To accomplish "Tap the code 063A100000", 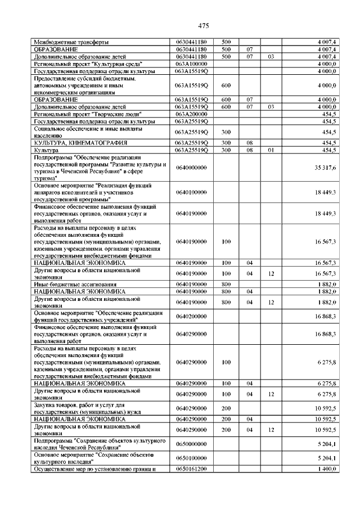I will tap(191, 64).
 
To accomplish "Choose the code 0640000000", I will tap(191, 168).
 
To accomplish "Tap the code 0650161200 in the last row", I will tap(191, 469).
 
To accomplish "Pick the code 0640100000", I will tap(191, 192).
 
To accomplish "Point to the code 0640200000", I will tap(191, 316).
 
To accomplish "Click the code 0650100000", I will tap(191, 458).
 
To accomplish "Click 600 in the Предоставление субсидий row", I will tap(226, 85).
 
